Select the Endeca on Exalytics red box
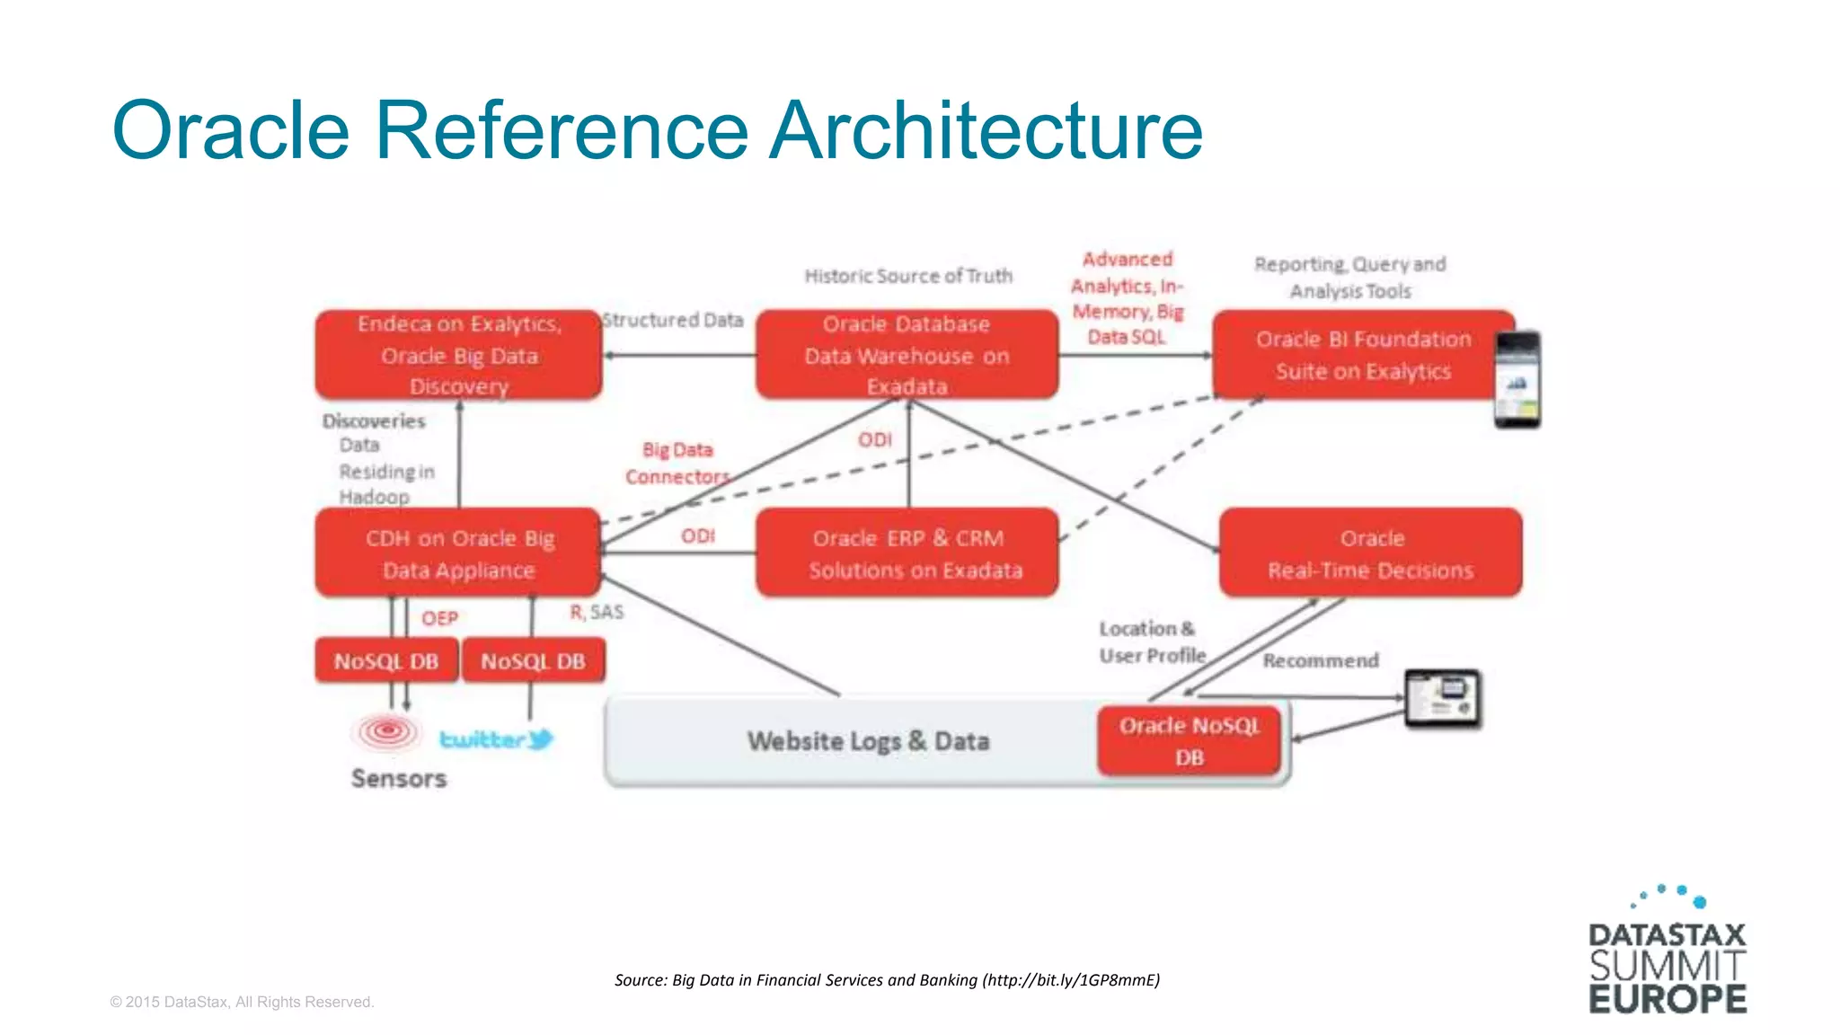pyautogui.click(x=458, y=355)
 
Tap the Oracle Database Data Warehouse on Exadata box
pyautogui.click(x=907, y=355)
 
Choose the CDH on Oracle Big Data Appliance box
pyautogui.click(x=458, y=553)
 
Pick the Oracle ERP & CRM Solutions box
pyautogui.click(x=907, y=553)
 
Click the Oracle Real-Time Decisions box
pyautogui.click(x=1370, y=553)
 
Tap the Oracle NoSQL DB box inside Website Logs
pyautogui.click(x=1189, y=741)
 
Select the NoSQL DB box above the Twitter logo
pyautogui.click(x=533, y=661)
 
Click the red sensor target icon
pyautogui.click(x=387, y=731)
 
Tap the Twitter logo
pyautogui.click(x=496, y=739)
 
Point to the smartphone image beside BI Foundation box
pyautogui.click(x=1517, y=379)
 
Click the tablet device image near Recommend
pyautogui.click(x=1443, y=698)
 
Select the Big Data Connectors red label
pyautogui.click(x=677, y=464)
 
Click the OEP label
pyautogui.click(x=439, y=618)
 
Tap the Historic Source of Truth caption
pyautogui.click(x=907, y=276)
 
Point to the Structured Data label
pyautogui.click(x=673, y=320)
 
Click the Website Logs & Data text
pyautogui.click(x=868, y=741)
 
